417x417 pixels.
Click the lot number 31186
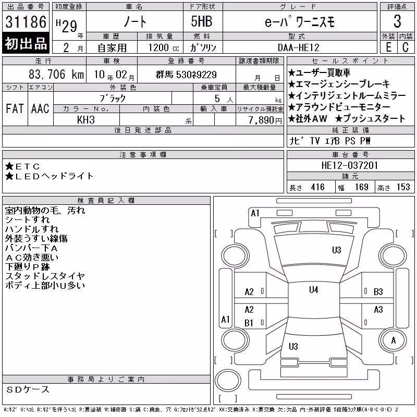tap(26, 22)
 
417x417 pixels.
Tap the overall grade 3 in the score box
tap(397, 21)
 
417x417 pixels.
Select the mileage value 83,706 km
tap(56, 74)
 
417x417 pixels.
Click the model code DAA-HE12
tap(298, 47)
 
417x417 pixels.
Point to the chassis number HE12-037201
tap(349, 165)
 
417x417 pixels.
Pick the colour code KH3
tap(86, 120)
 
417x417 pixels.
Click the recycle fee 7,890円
tap(265, 120)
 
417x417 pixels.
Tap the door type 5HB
tap(202, 21)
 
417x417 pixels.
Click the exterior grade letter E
tap(388, 47)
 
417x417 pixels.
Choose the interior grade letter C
tap(406, 47)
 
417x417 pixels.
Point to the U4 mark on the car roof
tap(314, 290)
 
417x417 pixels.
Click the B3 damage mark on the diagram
tap(378, 292)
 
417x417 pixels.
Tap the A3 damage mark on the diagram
tap(378, 310)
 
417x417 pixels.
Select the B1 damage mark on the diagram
tap(249, 323)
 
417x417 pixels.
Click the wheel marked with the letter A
tap(394, 340)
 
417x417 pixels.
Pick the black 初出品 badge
tap(26, 43)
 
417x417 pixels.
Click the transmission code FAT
tap(15, 108)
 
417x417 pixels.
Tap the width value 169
tap(361, 187)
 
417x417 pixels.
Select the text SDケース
tap(28, 389)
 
